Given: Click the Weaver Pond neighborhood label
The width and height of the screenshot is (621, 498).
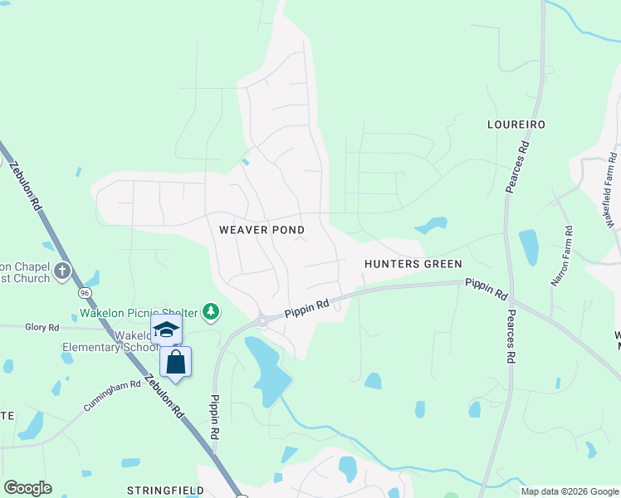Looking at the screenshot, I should click(x=262, y=229).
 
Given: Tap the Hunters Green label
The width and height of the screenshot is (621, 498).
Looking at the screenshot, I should click(x=413, y=264).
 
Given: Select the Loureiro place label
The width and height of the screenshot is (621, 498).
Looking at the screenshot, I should click(x=515, y=124).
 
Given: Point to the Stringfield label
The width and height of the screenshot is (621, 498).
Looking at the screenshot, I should click(x=165, y=491).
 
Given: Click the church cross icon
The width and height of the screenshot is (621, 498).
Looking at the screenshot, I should click(x=62, y=271).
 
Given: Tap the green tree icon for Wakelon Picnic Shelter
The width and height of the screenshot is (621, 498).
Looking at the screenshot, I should click(x=212, y=311).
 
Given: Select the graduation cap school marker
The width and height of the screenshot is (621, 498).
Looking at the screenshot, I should click(x=166, y=330).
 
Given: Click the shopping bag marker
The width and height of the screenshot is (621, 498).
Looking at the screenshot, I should click(x=175, y=362).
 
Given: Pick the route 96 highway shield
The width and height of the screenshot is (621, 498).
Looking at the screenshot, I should click(x=85, y=293).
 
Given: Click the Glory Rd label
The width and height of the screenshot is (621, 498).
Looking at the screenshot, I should click(x=42, y=328).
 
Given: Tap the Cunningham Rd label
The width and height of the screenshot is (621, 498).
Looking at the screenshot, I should click(x=112, y=397).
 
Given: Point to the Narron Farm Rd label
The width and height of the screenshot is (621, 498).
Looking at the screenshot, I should click(x=563, y=256).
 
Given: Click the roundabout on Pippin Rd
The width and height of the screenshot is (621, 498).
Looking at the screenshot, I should click(x=262, y=319).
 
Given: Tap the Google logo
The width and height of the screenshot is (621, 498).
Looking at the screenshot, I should click(x=27, y=487).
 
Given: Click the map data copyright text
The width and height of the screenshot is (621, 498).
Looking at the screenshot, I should click(x=570, y=491).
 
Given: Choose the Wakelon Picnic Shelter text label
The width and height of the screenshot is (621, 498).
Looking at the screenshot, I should click(x=139, y=313).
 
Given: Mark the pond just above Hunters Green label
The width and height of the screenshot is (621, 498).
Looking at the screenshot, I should click(x=432, y=225).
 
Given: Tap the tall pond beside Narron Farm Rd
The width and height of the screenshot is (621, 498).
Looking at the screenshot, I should click(x=529, y=247).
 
